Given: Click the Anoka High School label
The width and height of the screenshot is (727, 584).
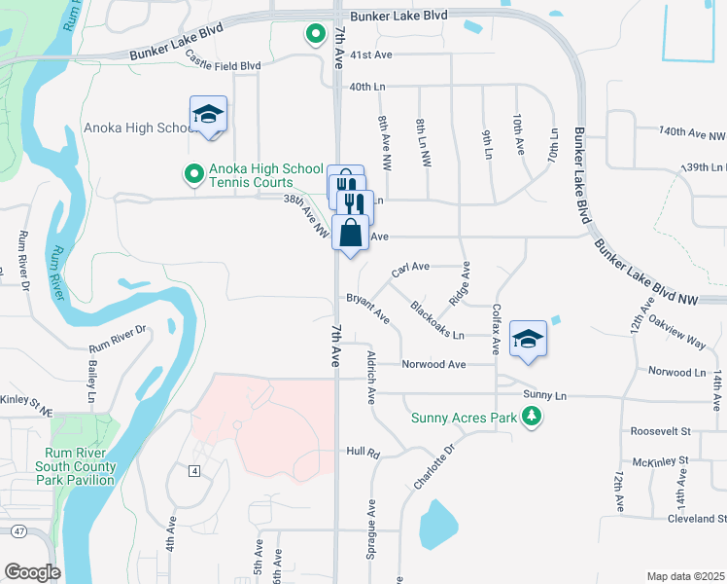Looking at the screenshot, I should click(x=141, y=128).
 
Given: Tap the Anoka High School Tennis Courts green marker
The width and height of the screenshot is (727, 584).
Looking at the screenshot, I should click(x=193, y=174).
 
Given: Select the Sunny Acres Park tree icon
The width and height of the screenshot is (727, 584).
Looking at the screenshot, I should click(x=531, y=418).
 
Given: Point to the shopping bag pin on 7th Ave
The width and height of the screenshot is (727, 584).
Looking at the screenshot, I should click(x=351, y=235).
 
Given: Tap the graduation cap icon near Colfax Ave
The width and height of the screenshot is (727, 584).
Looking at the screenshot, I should click(x=529, y=339).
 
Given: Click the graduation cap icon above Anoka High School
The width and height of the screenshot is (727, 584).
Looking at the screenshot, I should click(x=208, y=114).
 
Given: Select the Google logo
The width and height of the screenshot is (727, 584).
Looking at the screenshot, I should click(x=32, y=571).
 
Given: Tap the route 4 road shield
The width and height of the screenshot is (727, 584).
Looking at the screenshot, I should click(x=194, y=471).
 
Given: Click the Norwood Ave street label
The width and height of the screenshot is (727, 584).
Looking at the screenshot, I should click(x=434, y=364).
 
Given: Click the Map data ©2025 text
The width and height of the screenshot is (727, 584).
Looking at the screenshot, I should click(x=685, y=576).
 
